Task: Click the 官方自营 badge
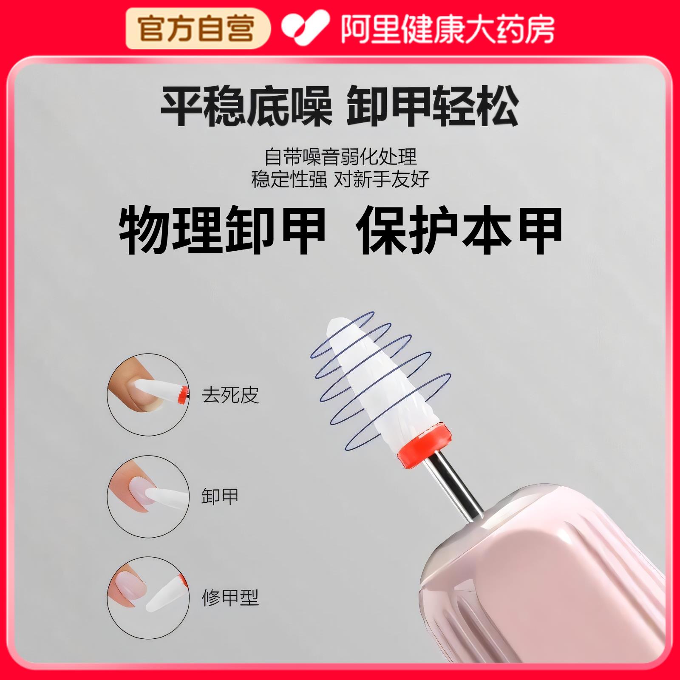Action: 197,28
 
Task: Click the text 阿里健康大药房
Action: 448,28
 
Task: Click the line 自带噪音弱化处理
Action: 340,157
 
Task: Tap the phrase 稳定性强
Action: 289,179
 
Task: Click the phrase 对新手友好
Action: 382,179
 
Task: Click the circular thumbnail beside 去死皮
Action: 148,394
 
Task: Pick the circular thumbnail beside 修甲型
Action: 148,598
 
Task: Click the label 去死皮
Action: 230,395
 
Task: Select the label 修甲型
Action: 230,598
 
